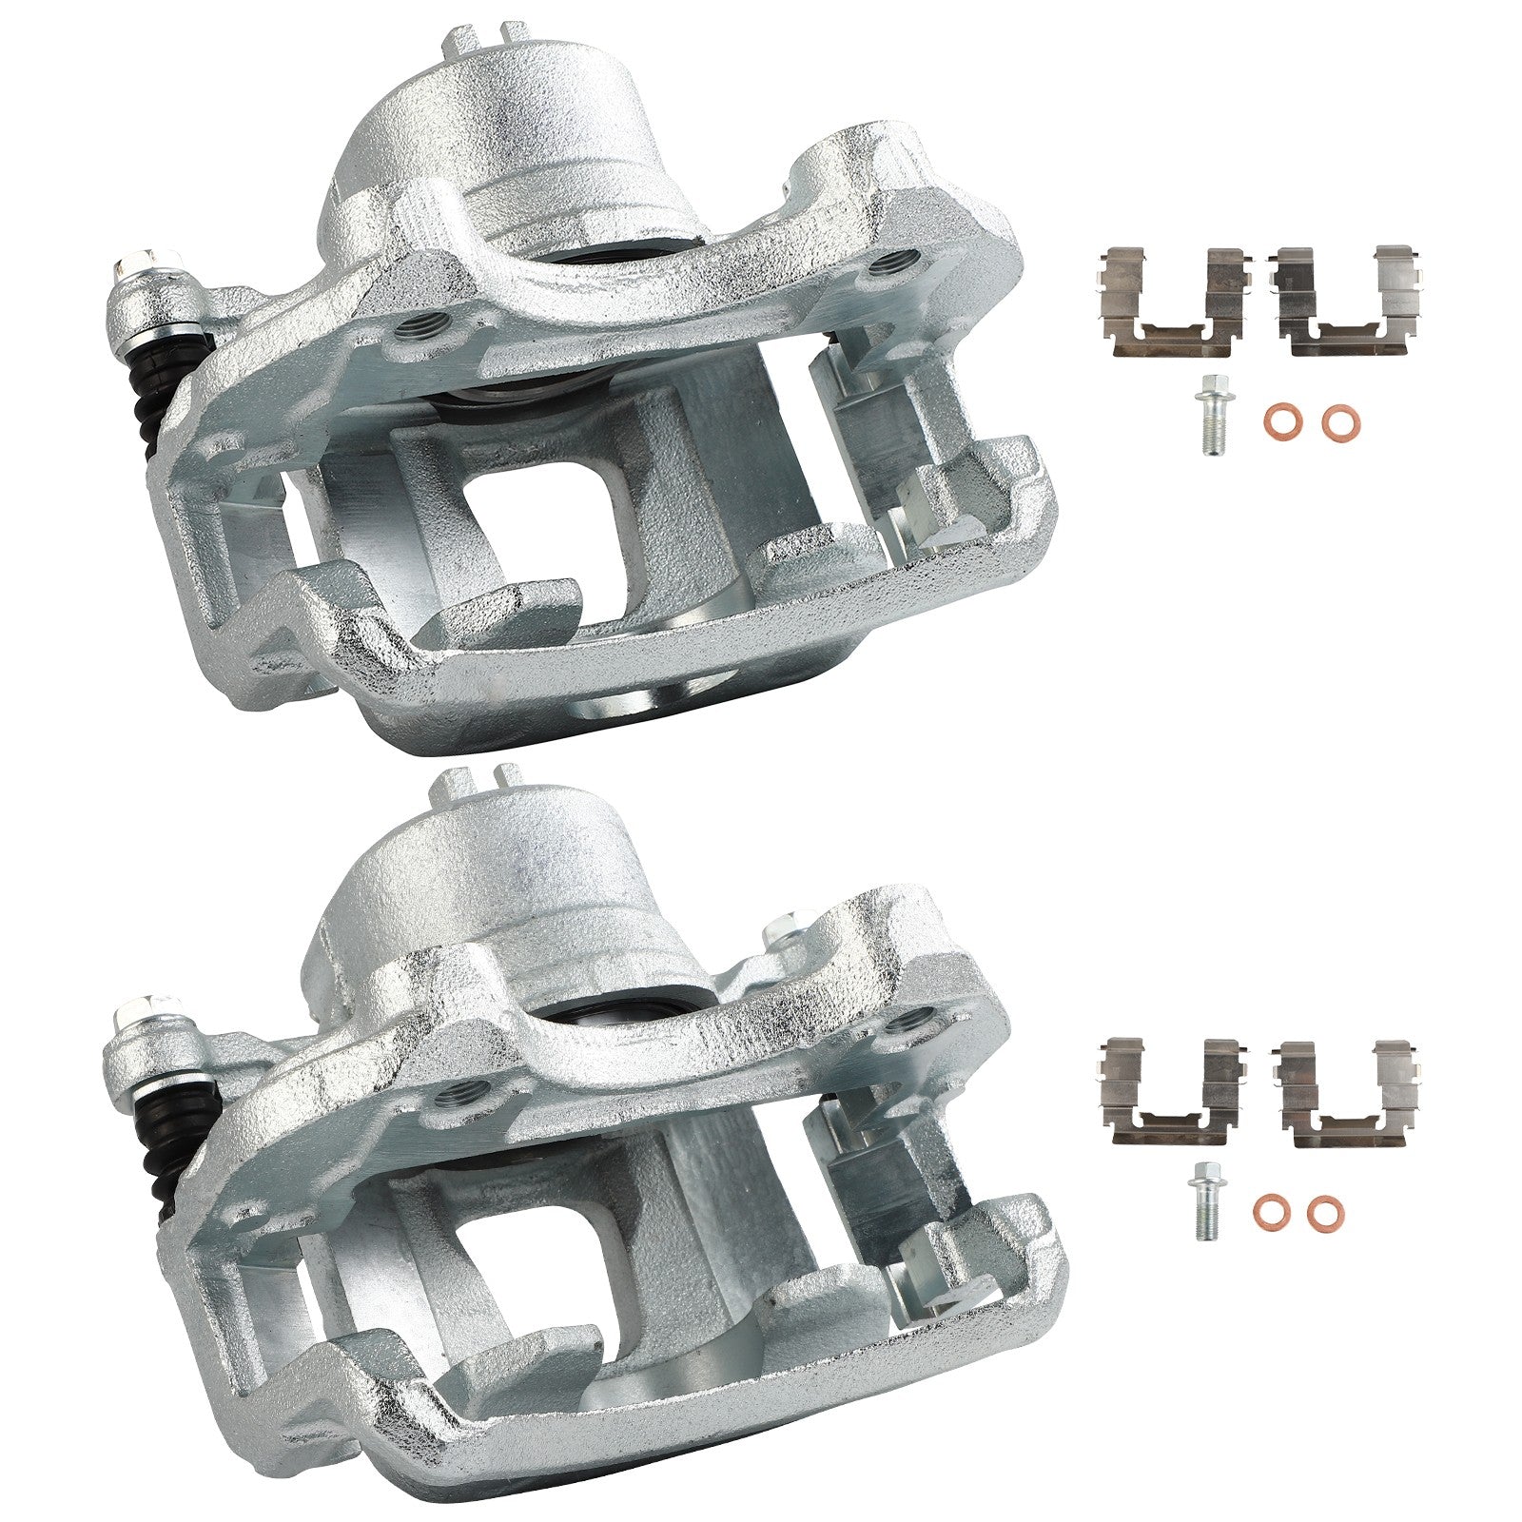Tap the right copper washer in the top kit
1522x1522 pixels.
(1340, 419)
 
